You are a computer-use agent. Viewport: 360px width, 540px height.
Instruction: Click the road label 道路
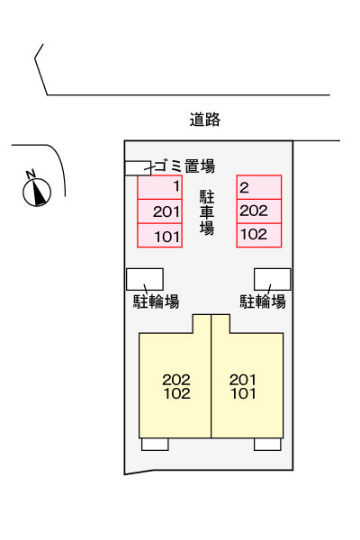204,119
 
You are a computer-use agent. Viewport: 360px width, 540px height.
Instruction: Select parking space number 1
159,187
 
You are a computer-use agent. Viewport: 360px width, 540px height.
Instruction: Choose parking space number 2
259,187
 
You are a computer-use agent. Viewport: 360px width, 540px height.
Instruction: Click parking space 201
159,211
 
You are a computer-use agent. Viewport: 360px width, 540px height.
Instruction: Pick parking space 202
259,211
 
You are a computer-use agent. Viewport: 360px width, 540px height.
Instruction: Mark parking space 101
159,236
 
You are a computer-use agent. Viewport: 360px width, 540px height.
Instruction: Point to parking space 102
259,236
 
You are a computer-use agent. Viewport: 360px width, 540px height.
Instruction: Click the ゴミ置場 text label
185,166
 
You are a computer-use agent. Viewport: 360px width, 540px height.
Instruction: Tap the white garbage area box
138,168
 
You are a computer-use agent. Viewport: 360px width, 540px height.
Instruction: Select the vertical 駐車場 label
207,212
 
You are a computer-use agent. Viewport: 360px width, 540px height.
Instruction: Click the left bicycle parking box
145,279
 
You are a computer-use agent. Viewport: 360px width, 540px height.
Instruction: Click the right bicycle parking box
272,279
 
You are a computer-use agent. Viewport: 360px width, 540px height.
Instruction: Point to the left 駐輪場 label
156,301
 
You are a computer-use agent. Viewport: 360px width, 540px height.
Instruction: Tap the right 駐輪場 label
263,301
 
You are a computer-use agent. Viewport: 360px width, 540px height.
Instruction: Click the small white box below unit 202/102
155,445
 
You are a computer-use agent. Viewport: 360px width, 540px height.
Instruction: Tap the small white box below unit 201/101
267,445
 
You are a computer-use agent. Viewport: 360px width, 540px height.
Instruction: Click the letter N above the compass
31,174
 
